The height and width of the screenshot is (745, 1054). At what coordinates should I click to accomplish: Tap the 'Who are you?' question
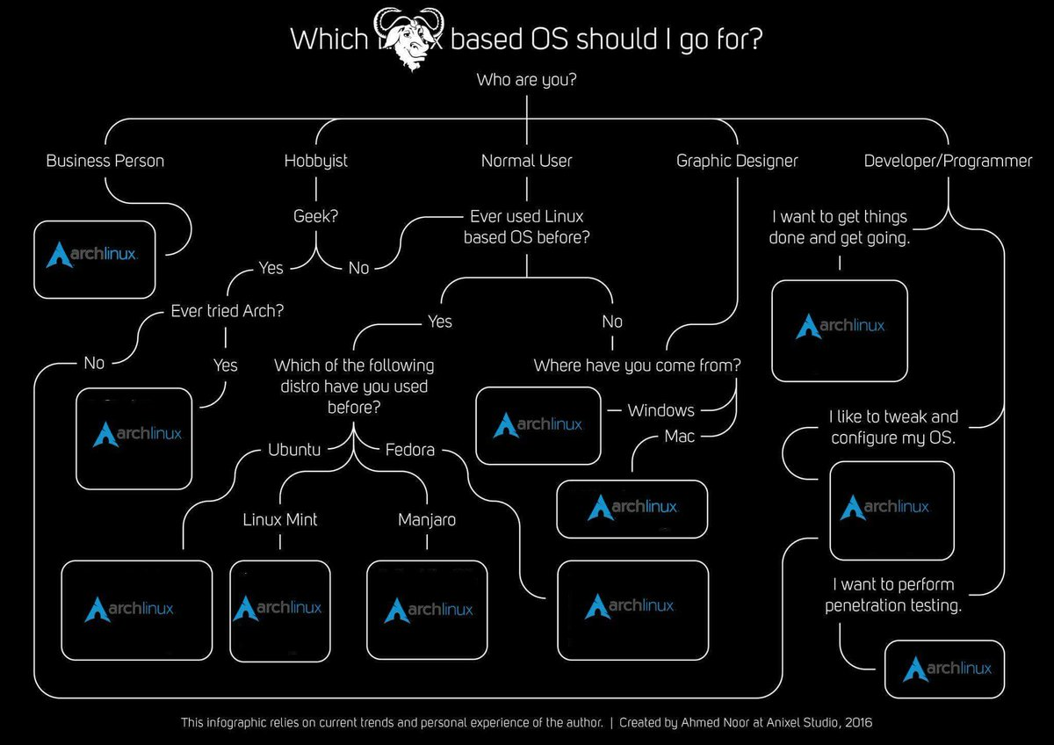coord(526,81)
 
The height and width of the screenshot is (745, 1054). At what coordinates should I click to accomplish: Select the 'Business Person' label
coord(105,161)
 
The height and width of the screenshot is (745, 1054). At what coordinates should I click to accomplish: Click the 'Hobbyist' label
coord(316,161)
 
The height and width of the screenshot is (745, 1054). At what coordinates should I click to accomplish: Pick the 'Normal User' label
coord(526,161)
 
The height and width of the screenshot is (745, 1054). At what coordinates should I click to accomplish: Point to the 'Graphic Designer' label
coord(737,161)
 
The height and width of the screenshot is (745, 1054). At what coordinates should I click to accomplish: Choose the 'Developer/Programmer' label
coord(948,161)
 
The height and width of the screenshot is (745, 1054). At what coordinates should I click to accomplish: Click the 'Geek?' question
coord(316,216)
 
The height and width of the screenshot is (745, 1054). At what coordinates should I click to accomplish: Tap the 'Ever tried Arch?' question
coord(227,310)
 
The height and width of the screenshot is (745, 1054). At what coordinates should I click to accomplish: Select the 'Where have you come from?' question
coord(637,365)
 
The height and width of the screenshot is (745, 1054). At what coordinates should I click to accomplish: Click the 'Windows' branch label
coord(661,410)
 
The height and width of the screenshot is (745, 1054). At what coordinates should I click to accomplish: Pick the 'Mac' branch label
coord(679,437)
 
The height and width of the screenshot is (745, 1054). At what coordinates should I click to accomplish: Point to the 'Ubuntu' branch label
coord(293,450)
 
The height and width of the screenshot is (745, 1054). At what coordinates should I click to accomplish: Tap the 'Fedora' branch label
coord(410,450)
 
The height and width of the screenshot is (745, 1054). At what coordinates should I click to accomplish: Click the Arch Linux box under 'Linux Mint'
coord(279,610)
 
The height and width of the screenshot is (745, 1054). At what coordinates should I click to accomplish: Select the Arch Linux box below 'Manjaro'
coord(428,610)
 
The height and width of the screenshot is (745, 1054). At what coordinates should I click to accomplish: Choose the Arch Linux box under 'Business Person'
coord(94,258)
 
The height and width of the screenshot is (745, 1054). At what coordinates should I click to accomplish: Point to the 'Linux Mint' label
coord(280,519)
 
